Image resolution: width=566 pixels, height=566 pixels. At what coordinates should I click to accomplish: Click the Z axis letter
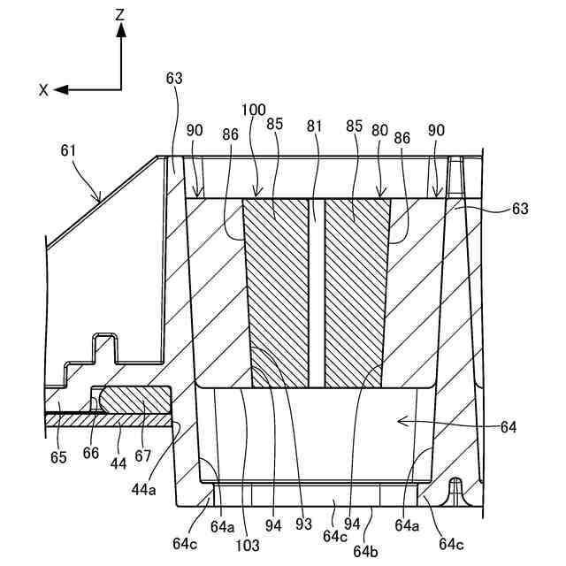point(120,14)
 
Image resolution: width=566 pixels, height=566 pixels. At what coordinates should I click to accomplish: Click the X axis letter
point(42,89)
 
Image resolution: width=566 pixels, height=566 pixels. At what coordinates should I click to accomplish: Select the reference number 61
point(68,152)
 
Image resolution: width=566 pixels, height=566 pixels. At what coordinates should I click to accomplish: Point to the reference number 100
point(253,110)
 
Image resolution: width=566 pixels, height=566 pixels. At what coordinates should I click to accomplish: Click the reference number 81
point(314,126)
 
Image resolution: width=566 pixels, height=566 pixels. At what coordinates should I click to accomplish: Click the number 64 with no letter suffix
point(508,428)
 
